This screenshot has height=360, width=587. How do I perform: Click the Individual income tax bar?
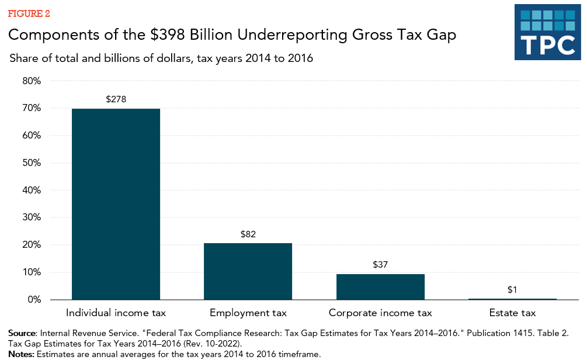point(116,204)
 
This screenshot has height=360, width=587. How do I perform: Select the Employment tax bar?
point(248,271)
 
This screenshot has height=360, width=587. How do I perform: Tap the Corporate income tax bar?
point(380,286)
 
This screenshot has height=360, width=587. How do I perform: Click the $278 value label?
point(116,99)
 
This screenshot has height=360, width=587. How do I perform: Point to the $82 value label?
point(248,234)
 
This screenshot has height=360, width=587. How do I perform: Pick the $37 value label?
point(380,265)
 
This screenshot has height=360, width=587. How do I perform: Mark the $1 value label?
point(512,289)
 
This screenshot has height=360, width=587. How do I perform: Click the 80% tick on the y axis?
point(32,81)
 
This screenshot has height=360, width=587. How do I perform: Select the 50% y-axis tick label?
point(32,163)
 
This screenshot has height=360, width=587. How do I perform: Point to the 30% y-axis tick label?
point(32,217)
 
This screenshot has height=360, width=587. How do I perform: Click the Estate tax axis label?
point(512,313)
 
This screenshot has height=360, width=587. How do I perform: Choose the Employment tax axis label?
point(248,313)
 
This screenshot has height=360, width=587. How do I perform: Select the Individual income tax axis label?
point(116,313)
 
